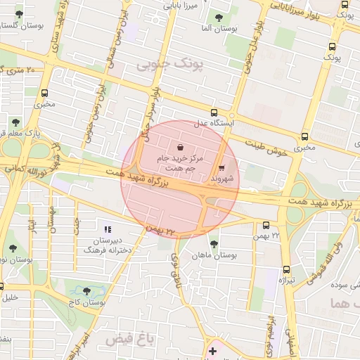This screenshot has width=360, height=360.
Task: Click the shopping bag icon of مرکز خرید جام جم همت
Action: [x=182, y=148]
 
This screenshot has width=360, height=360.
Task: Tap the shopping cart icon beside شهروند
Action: [x=222, y=168]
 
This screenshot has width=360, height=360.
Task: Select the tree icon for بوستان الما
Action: [x=219, y=16]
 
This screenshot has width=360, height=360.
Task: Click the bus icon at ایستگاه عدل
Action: [x=214, y=112]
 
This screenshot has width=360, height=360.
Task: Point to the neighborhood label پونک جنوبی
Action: [x=167, y=65]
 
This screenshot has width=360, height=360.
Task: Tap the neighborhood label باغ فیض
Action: [x=129, y=340]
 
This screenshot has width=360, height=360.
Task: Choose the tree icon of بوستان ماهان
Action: [x=214, y=244]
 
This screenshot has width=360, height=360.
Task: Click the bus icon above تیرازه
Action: [x=286, y=269]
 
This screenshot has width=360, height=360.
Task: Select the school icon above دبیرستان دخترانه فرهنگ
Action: [x=108, y=229]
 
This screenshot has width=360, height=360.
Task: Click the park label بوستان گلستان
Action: [x=15, y=25]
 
